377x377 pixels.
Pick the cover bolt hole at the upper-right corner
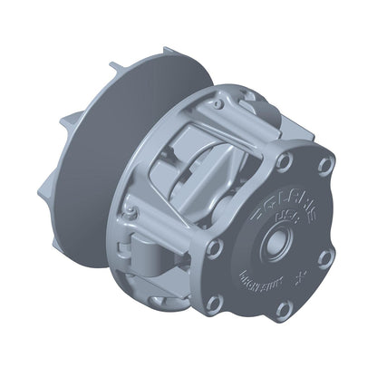coord(324,166)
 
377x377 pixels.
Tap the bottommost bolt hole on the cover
coord(283,310)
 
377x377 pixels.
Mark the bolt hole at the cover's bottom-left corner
coord(216,303)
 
